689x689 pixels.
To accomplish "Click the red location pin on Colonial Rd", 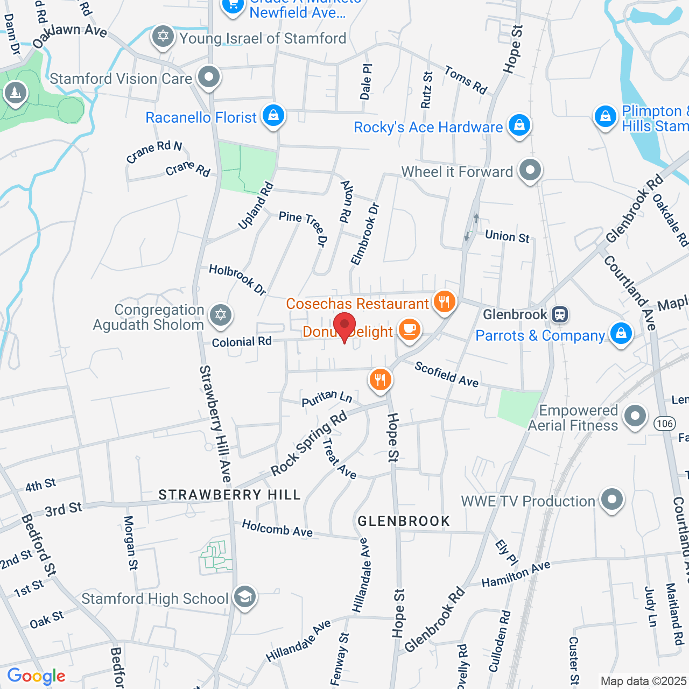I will point(344,326).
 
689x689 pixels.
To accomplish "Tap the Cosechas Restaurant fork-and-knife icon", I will point(444,301).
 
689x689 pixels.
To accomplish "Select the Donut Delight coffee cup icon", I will point(410,329).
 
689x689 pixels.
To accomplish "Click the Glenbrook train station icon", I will point(560,314).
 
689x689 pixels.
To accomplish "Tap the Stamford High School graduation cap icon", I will point(245,597).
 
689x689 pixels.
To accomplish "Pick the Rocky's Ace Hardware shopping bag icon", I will point(519,125).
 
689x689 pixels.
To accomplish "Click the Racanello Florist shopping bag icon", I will point(273,116).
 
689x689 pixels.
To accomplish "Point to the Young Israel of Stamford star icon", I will point(163,37).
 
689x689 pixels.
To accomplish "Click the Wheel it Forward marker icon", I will point(530,170).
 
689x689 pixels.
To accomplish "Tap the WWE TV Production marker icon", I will point(611,500).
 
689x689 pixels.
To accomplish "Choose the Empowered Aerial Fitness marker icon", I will point(635,416).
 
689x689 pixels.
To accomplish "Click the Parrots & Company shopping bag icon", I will point(621,334).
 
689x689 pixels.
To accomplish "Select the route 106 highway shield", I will point(665,424).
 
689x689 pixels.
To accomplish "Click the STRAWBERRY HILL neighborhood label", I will point(229,495).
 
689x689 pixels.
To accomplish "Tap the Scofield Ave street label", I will point(446,374).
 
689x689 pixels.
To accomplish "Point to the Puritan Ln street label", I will point(326,398).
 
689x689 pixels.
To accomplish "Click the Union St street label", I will point(507,236).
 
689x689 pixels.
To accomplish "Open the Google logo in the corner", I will point(37,676).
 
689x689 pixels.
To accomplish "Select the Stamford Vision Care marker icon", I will point(208,77).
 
